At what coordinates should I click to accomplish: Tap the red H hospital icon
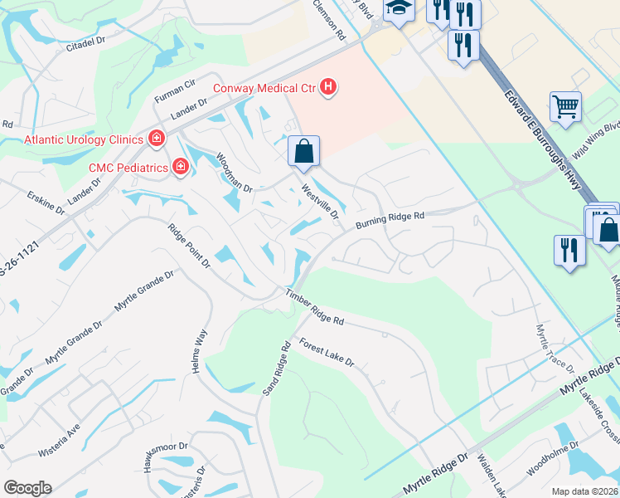pyautogui.click(x=329, y=87)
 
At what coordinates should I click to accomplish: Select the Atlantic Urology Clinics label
pyautogui.click(x=83, y=139)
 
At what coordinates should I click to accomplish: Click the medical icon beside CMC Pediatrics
pyautogui.click(x=180, y=168)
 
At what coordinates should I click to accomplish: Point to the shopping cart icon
pyautogui.click(x=564, y=106)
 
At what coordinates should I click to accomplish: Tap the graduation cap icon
pyautogui.click(x=399, y=9)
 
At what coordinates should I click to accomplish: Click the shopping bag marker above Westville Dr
pyautogui.click(x=304, y=150)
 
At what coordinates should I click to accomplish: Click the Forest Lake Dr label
pyautogui.click(x=327, y=353)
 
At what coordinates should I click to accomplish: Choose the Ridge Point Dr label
pyautogui.click(x=189, y=246)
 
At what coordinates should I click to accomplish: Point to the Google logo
pyautogui.click(x=27, y=488)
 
